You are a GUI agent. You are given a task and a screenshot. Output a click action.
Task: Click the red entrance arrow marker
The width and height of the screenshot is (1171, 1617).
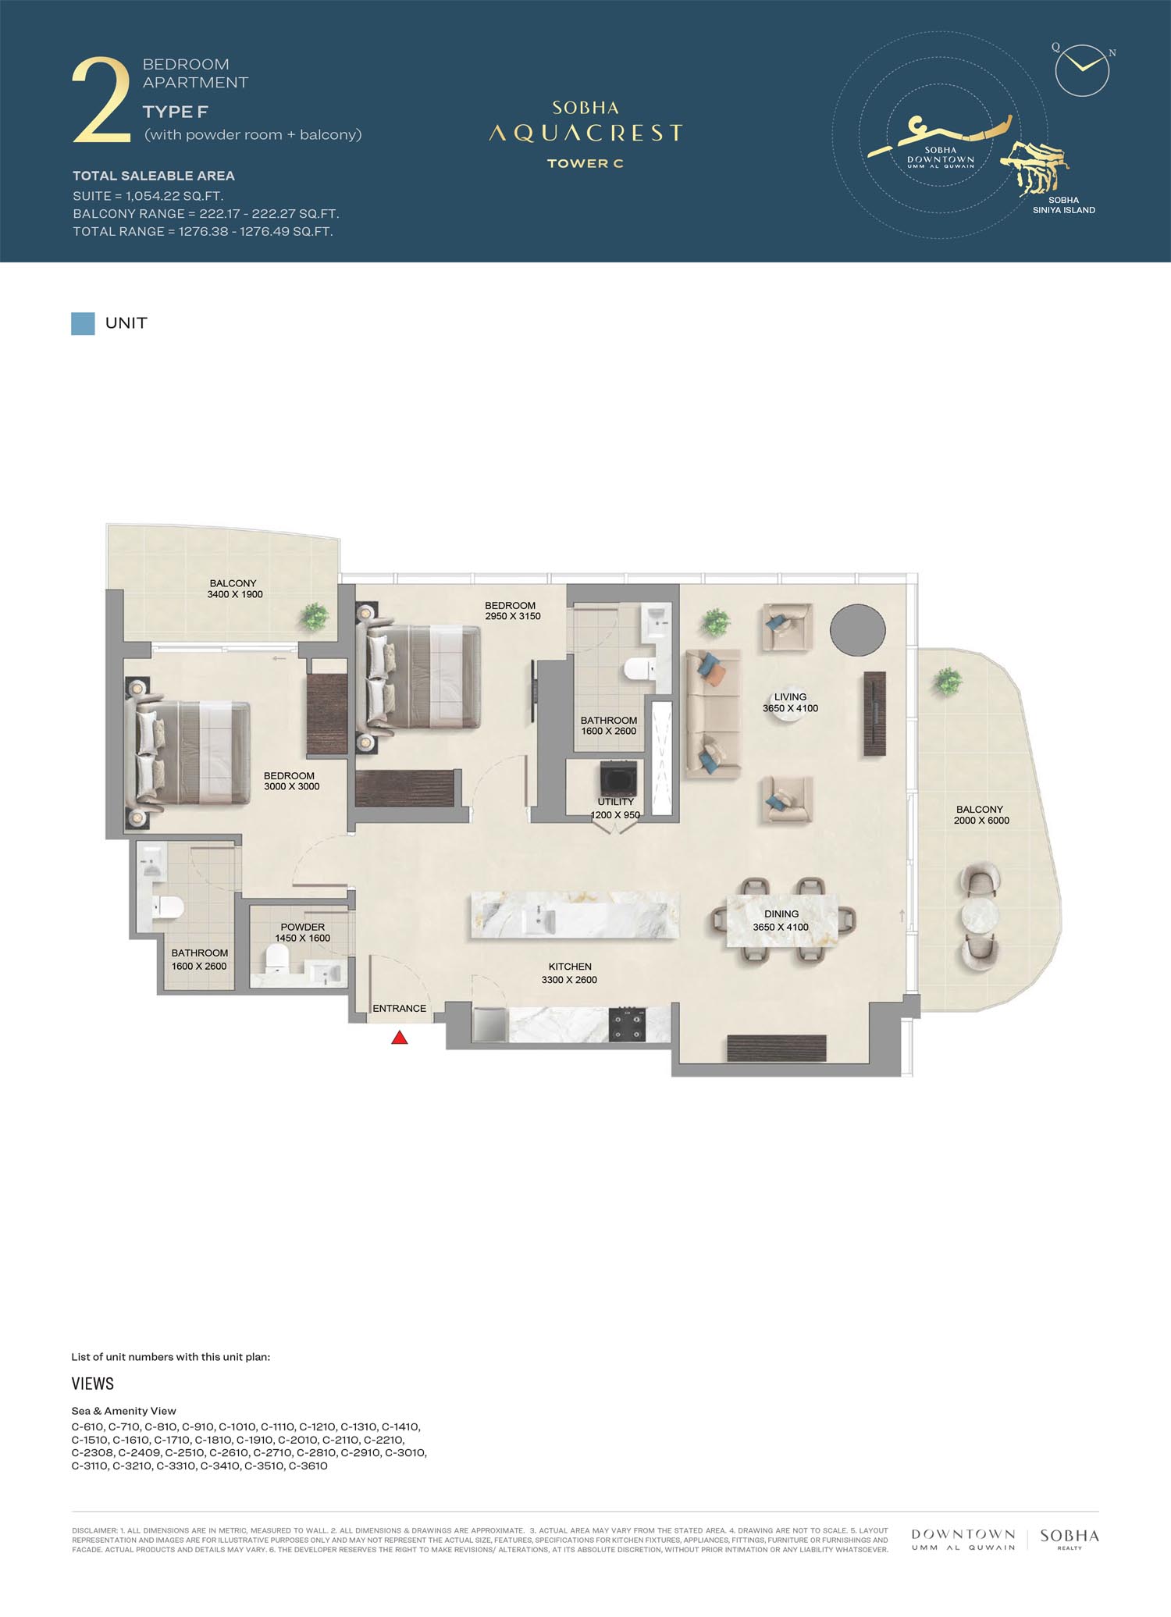(400, 1038)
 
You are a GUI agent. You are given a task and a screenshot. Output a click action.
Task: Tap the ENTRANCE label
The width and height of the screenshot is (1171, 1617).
(399, 1008)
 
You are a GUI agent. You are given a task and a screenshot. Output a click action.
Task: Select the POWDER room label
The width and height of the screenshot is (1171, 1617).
(303, 927)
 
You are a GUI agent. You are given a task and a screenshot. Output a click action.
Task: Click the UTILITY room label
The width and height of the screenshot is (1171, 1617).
(616, 802)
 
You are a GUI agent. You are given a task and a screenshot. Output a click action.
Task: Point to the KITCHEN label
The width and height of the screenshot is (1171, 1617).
(570, 967)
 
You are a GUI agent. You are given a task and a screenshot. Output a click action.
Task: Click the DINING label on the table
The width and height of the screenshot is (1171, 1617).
(781, 914)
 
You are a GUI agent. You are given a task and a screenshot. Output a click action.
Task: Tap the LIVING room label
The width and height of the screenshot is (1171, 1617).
(790, 697)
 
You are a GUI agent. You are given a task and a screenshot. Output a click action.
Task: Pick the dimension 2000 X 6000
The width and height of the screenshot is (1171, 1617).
(981, 821)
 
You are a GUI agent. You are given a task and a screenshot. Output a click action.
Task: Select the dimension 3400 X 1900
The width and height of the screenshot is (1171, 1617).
(235, 594)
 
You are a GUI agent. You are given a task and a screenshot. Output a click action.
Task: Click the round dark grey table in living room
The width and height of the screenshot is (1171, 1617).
(857, 630)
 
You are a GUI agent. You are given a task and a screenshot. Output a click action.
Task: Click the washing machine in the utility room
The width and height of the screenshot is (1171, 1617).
(618, 778)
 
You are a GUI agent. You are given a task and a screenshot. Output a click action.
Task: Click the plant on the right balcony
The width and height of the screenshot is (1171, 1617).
(947, 681)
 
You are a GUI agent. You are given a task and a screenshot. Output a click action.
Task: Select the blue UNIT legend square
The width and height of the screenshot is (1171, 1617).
(83, 323)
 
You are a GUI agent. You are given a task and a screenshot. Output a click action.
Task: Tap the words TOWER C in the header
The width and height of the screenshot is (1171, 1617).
(585, 163)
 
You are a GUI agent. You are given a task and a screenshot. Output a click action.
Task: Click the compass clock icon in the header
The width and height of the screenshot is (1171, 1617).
(1082, 69)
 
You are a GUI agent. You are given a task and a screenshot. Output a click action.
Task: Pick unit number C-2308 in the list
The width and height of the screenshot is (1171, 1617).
(93, 1453)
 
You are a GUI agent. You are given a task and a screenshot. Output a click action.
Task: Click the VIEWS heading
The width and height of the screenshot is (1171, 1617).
(93, 1384)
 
